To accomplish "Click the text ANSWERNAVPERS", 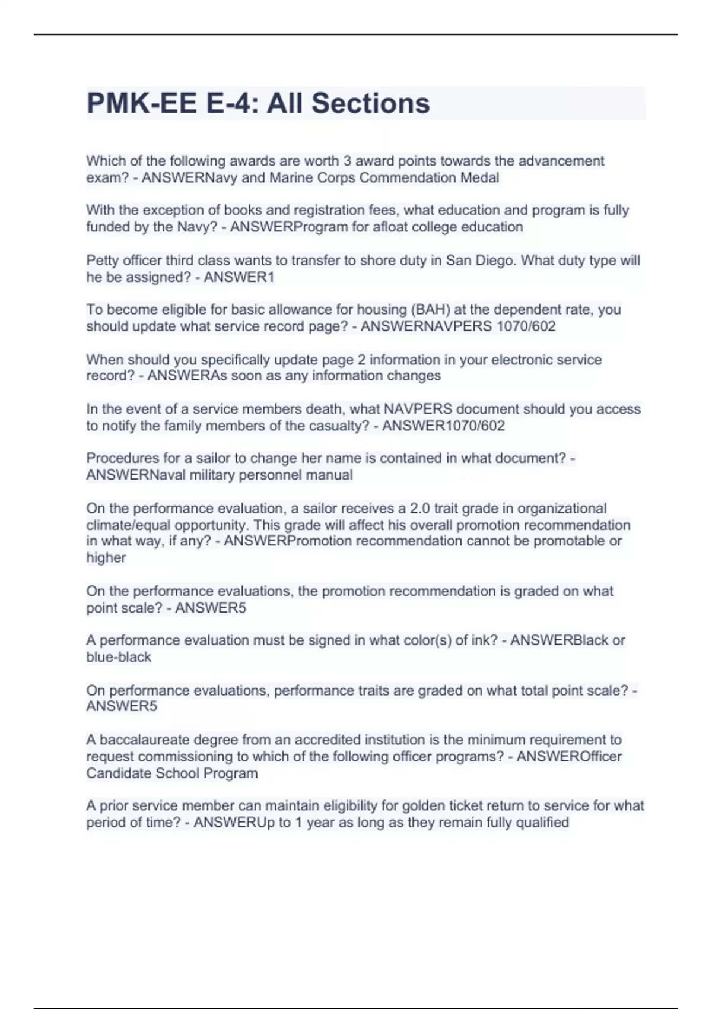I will pyautogui.click(x=426, y=326).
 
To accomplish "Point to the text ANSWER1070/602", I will pyautogui.click(x=444, y=426).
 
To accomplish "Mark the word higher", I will pyautogui.click(x=106, y=558).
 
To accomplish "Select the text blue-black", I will pyautogui.click(x=119, y=657).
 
